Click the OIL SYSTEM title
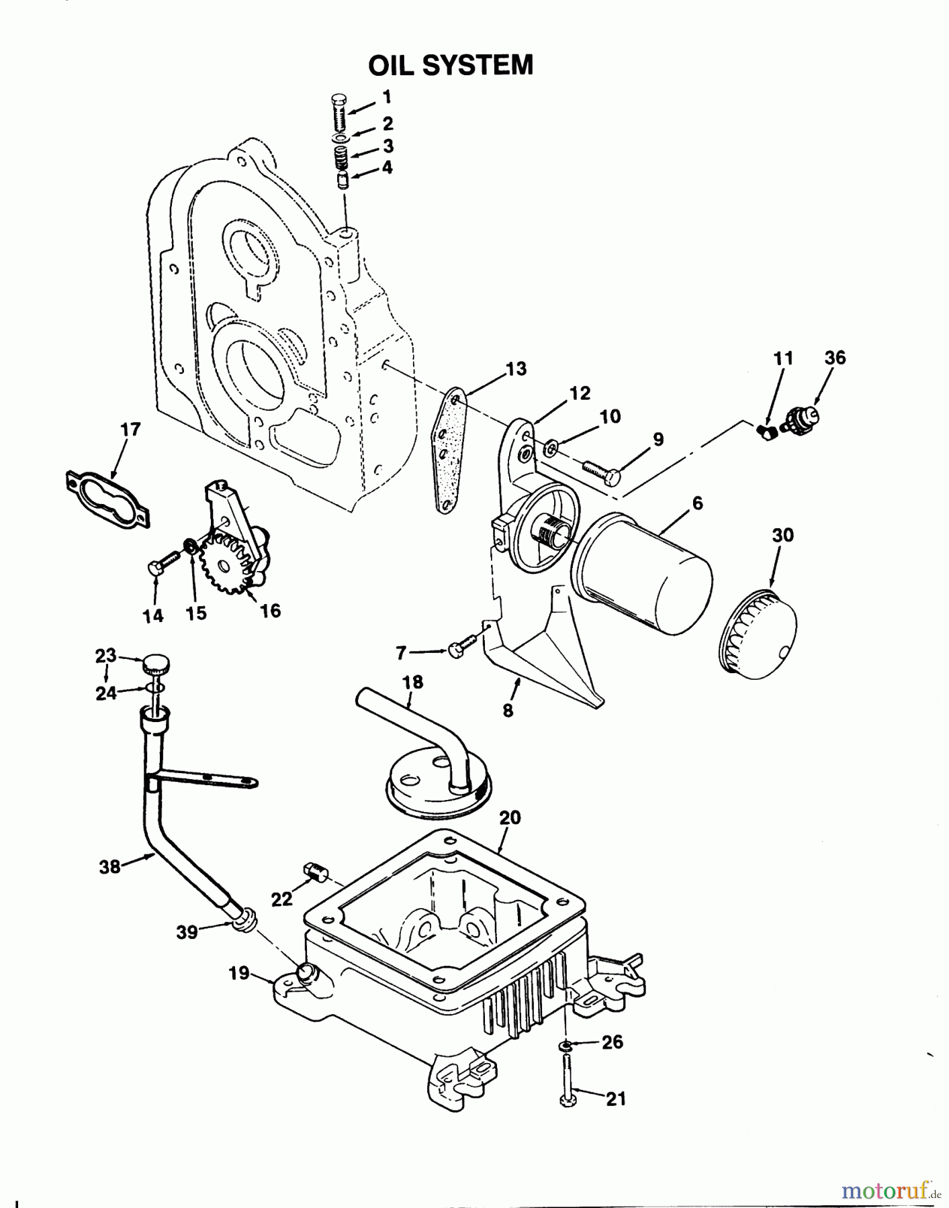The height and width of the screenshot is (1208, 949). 451,66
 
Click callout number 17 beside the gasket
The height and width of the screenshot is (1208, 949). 130,429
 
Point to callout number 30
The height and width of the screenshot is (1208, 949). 782,535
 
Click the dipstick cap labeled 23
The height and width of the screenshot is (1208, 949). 155,665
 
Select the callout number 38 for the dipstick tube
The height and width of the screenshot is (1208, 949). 109,866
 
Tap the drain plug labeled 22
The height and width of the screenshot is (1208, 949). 316,871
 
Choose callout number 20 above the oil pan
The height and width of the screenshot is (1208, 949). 510,817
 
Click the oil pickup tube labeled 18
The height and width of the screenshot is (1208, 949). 430,745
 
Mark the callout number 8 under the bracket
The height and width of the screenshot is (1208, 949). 508,710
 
